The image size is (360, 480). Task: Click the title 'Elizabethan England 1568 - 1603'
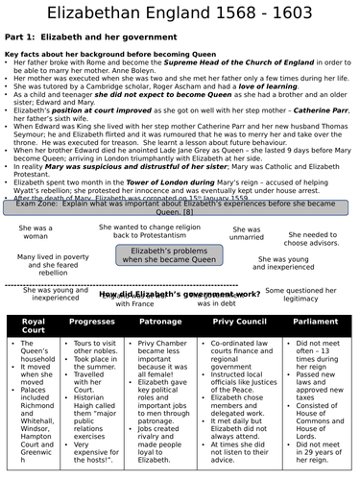point(180,13)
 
